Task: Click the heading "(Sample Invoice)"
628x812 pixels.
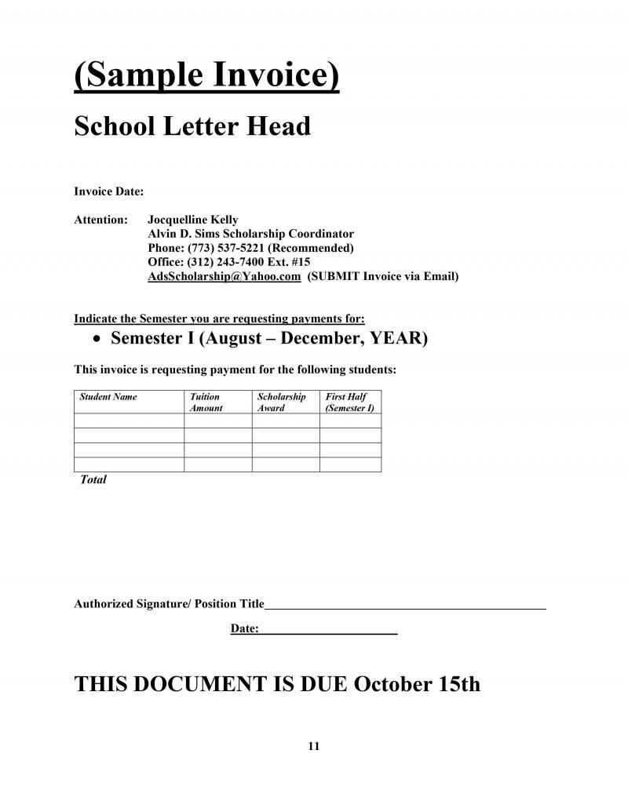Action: (x=206, y=76)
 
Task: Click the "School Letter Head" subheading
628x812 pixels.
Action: (x=192, y=126)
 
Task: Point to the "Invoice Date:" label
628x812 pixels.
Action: (x=108, y=191)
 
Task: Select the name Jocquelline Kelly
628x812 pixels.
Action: (x=193, y=220)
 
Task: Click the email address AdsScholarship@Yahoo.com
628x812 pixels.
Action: (x=224, y=276)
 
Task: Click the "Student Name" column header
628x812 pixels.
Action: (x=108, y=397)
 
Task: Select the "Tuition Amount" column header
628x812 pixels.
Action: (x=206, y=402)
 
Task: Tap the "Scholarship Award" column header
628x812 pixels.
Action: (x=281, y=402)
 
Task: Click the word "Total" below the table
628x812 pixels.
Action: (x=93, y=479)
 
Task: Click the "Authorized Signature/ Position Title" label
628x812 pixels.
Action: (x=169, y=604)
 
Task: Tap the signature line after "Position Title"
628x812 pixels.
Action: (x=405, y=607)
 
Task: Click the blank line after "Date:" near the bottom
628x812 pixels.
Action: (x=328, y=632)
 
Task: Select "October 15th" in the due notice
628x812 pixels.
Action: (x=417, y=683)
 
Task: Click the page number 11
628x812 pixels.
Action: (x=314, y=746)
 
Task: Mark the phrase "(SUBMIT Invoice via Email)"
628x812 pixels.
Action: (x=383, y=276)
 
